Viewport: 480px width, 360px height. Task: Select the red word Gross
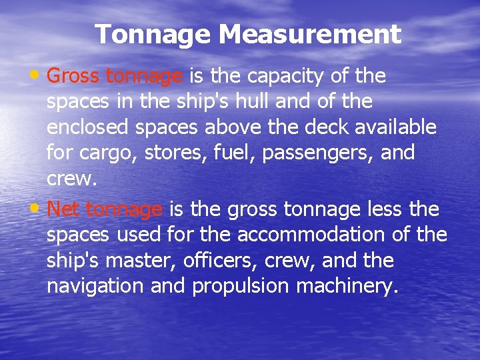pyautogui.click(x=73, y=77)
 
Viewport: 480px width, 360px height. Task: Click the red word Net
pyautogui.click(x=64, y=210)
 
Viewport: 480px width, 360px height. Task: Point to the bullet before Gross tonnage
pyautogui.click(x=39, y=75)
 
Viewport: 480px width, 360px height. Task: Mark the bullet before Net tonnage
pyautogui.click(x=39, y=208)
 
